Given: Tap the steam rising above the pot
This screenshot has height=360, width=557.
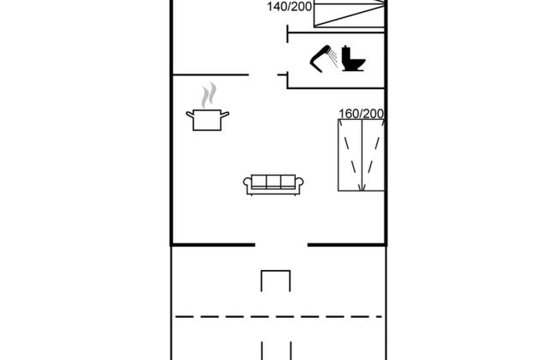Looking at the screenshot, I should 207,94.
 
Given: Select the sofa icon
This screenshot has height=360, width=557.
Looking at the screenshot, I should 273,184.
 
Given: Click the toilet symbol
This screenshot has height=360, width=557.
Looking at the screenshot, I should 353,59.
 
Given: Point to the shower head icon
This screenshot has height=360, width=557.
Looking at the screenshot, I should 325,57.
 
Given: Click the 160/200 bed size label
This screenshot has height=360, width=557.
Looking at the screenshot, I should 361,113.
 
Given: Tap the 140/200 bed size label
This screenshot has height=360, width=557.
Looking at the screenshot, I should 288,6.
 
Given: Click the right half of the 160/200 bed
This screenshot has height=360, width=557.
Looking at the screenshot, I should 373,156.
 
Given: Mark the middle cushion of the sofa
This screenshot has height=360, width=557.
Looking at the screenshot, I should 273,182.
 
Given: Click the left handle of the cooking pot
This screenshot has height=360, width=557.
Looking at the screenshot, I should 190,114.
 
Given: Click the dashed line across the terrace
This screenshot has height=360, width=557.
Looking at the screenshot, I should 279,316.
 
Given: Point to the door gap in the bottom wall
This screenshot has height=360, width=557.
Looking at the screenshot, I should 281,245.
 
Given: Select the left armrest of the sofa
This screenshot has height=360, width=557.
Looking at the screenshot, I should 247,184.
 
